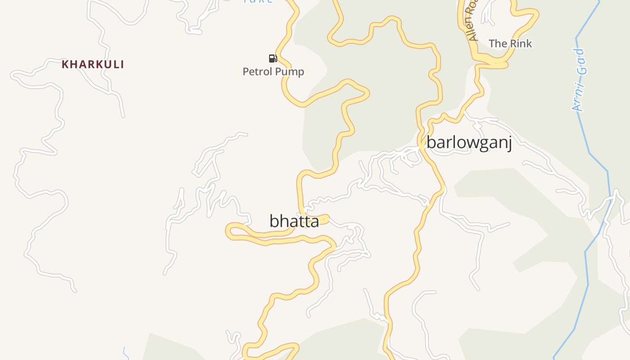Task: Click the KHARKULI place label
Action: [x=93, y=64]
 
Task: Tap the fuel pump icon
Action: [x=273, y=58]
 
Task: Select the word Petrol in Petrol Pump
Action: [x=257, y=72]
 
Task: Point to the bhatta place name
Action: [x=294, y=221]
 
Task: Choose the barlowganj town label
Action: [x=469, y=143]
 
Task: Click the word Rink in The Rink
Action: [x=520, y=44]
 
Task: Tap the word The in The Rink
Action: [x=498, y=44]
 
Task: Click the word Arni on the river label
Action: [x=578, y=99]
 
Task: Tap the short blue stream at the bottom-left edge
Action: [x=126, y=354]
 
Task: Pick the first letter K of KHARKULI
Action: [x=65, y=64]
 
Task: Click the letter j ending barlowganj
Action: [x=509, y=144]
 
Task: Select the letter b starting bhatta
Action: [x=274, y=221]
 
